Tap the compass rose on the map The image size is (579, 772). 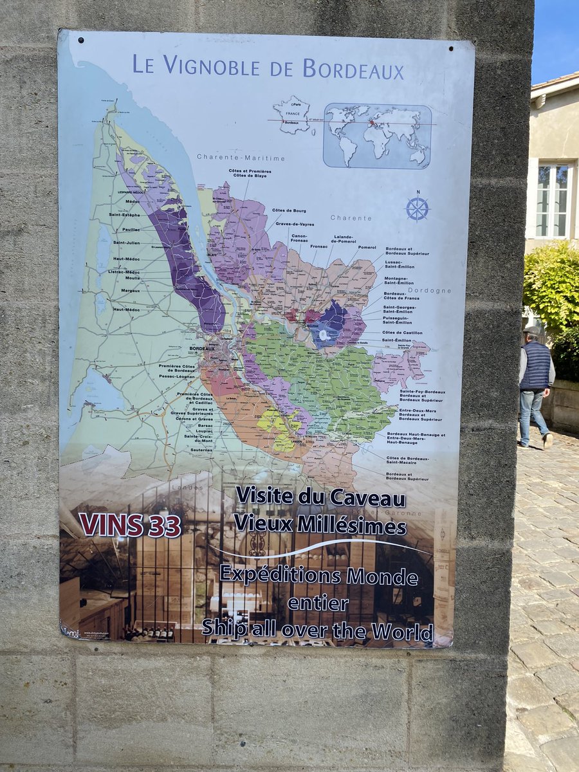[417, 208]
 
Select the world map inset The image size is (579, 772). [377, 136]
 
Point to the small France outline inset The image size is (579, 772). [291, 116]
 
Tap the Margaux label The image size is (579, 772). [128, 290]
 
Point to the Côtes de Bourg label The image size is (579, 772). [289, 211]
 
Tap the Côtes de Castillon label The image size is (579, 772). [402, 333]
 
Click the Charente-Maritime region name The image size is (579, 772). [241, 158]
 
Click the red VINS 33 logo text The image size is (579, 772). [130, 525]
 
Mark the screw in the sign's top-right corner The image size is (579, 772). [451, 48]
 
